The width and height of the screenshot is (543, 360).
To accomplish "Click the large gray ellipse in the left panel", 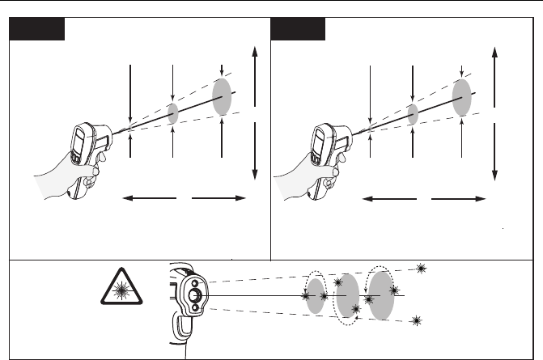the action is click(222, 97).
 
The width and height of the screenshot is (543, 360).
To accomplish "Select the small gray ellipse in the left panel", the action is click(173, 113).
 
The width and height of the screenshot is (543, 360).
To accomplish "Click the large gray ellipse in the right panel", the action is click(462, 98).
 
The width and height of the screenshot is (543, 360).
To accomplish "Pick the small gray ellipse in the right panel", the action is click(413, 112).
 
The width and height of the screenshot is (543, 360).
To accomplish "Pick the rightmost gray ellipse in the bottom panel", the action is click(381, 295).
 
